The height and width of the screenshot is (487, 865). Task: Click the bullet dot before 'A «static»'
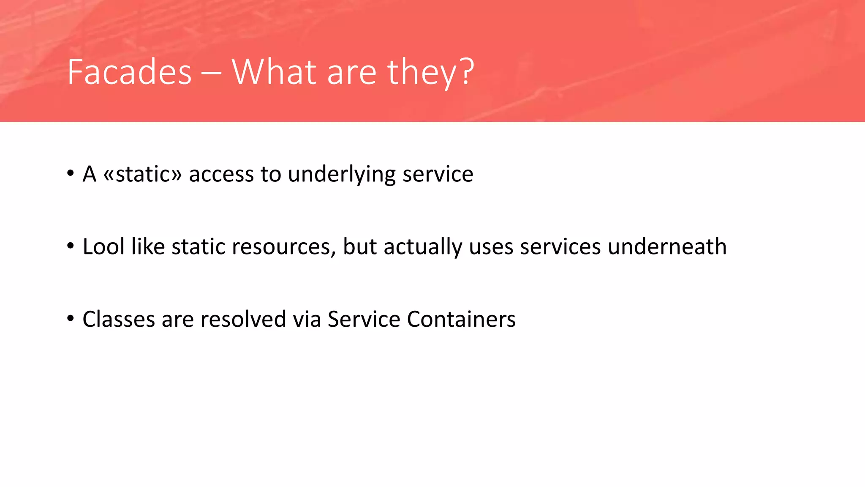point(71,173)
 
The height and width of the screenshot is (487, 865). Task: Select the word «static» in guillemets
point(142,174)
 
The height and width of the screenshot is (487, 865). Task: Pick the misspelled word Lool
point(103,246)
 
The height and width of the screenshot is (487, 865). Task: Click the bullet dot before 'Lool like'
point(71,246)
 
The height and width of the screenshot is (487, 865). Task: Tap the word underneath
point(667,246)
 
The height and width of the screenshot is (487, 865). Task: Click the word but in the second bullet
point(359,246)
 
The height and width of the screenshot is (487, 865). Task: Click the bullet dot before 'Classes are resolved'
point(71,318)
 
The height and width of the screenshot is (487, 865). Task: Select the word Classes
point(119,319)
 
